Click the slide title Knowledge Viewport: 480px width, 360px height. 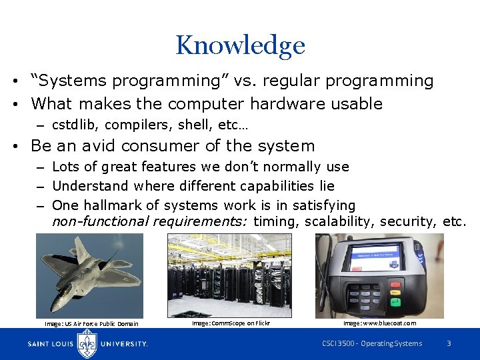point(240,45)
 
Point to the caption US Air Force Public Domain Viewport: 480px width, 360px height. point(91,324)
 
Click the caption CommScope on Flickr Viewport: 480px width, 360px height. point(231,323)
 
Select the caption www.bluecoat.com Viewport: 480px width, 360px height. point(379,323)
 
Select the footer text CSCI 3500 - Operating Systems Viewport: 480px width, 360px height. point(372,344)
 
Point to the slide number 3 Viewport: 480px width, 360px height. point(449,344)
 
